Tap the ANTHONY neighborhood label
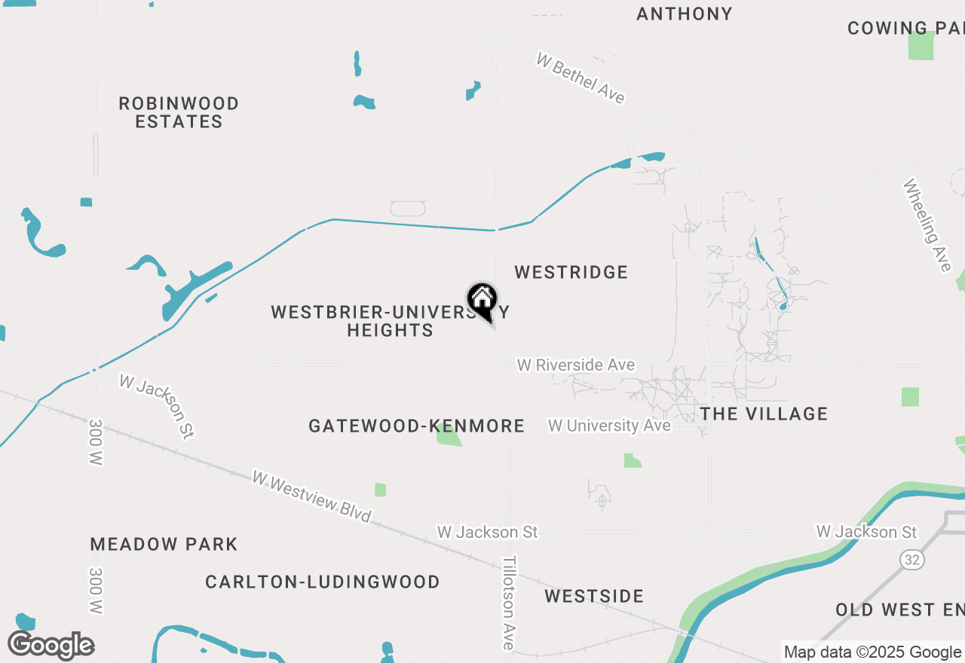684,14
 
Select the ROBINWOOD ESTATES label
179,112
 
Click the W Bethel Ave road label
581,78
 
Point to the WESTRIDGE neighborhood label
571,272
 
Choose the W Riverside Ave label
575,365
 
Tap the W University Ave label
609,426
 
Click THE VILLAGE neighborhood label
764,414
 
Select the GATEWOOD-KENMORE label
416,426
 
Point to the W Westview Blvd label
312,496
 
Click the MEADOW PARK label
164,544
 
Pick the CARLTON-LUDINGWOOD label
323,582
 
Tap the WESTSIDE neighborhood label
594,596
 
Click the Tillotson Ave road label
510,603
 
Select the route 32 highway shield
911,560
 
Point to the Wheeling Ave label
927,225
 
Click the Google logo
51,646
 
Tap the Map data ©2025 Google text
872,652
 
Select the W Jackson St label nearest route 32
866,532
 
